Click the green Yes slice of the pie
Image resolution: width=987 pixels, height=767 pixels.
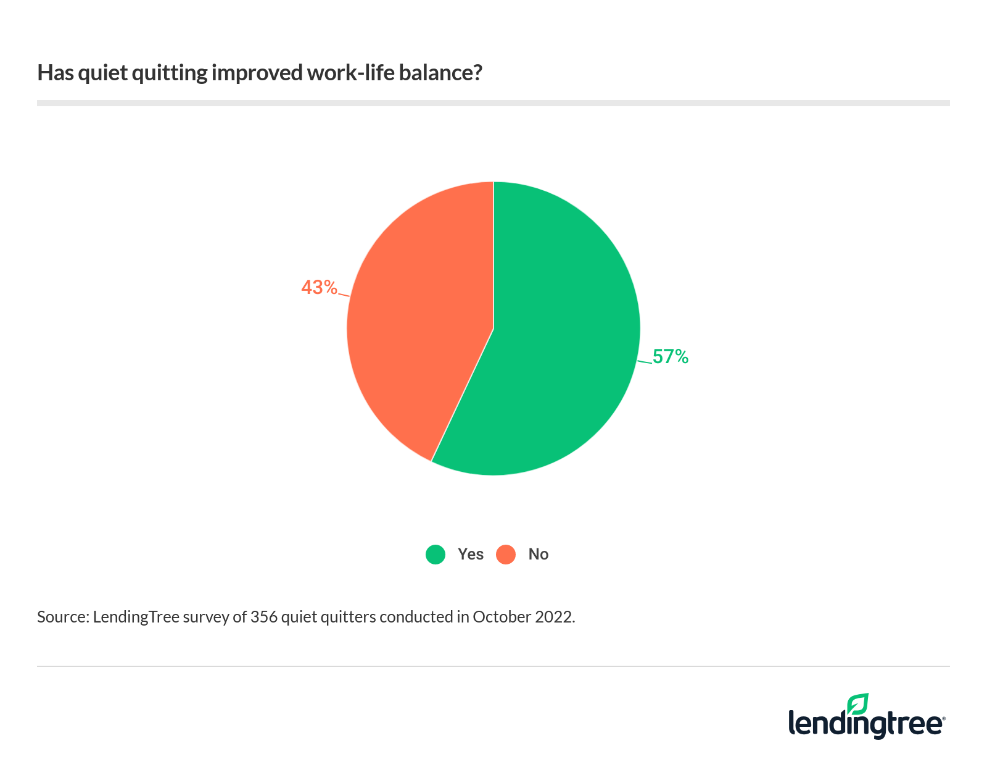[x=555, y=346]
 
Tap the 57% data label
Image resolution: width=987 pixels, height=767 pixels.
[x=671, y=357]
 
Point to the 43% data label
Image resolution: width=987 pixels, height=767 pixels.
[x=319, y=288]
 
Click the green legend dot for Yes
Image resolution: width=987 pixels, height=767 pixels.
[x=436, y=555]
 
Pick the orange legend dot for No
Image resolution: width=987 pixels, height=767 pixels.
[x=506, y=555]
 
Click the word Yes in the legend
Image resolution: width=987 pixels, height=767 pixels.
[x=471, y=555]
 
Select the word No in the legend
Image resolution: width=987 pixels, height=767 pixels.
[x=539, y=555]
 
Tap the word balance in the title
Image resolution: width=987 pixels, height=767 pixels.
[x=440, y=73]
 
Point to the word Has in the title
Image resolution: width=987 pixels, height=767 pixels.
[x=56, y=73]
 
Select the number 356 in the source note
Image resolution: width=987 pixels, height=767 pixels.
[x=263, y=617]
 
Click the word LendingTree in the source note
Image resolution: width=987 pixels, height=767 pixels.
[x=136, y=617]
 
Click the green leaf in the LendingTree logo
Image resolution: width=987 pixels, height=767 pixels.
[x=857, y=704]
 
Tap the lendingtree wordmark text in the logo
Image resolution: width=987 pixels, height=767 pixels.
[x=866, y=724]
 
